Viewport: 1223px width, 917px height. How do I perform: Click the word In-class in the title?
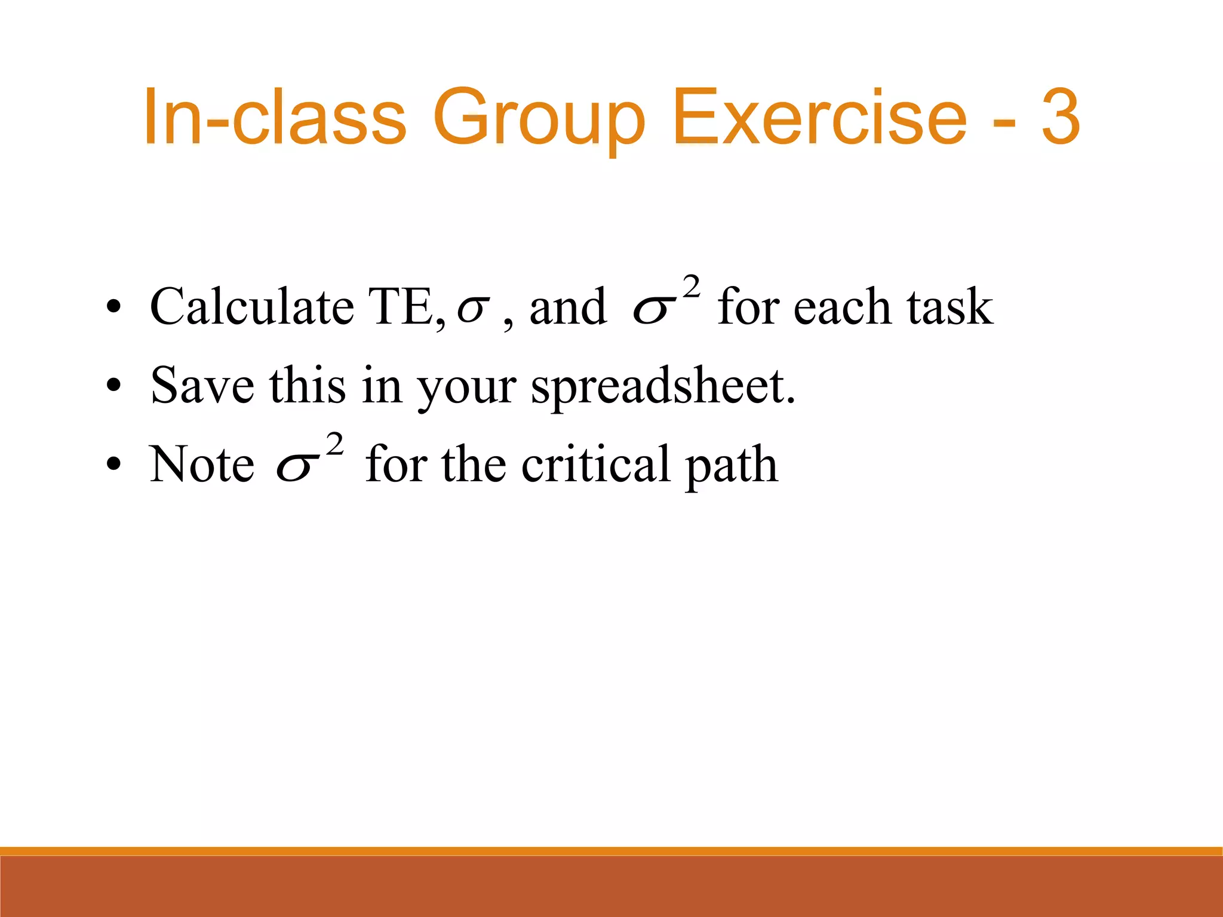click(x=275, y=117)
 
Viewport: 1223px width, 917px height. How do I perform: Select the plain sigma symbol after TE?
click(x=473, y=309)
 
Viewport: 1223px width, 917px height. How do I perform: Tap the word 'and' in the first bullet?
click(x=567, y=307)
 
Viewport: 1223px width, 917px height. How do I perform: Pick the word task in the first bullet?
click(x=949, y=307)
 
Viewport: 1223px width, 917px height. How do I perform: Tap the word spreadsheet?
click(x=663, y=387)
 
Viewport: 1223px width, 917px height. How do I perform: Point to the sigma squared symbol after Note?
click(x=308, y=460)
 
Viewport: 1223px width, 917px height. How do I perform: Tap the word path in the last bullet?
click(x=732, y=466)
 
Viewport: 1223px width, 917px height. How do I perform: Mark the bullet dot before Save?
click(x=113, y=386)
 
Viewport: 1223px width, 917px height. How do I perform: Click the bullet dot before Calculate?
click(x=113, y=307)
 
